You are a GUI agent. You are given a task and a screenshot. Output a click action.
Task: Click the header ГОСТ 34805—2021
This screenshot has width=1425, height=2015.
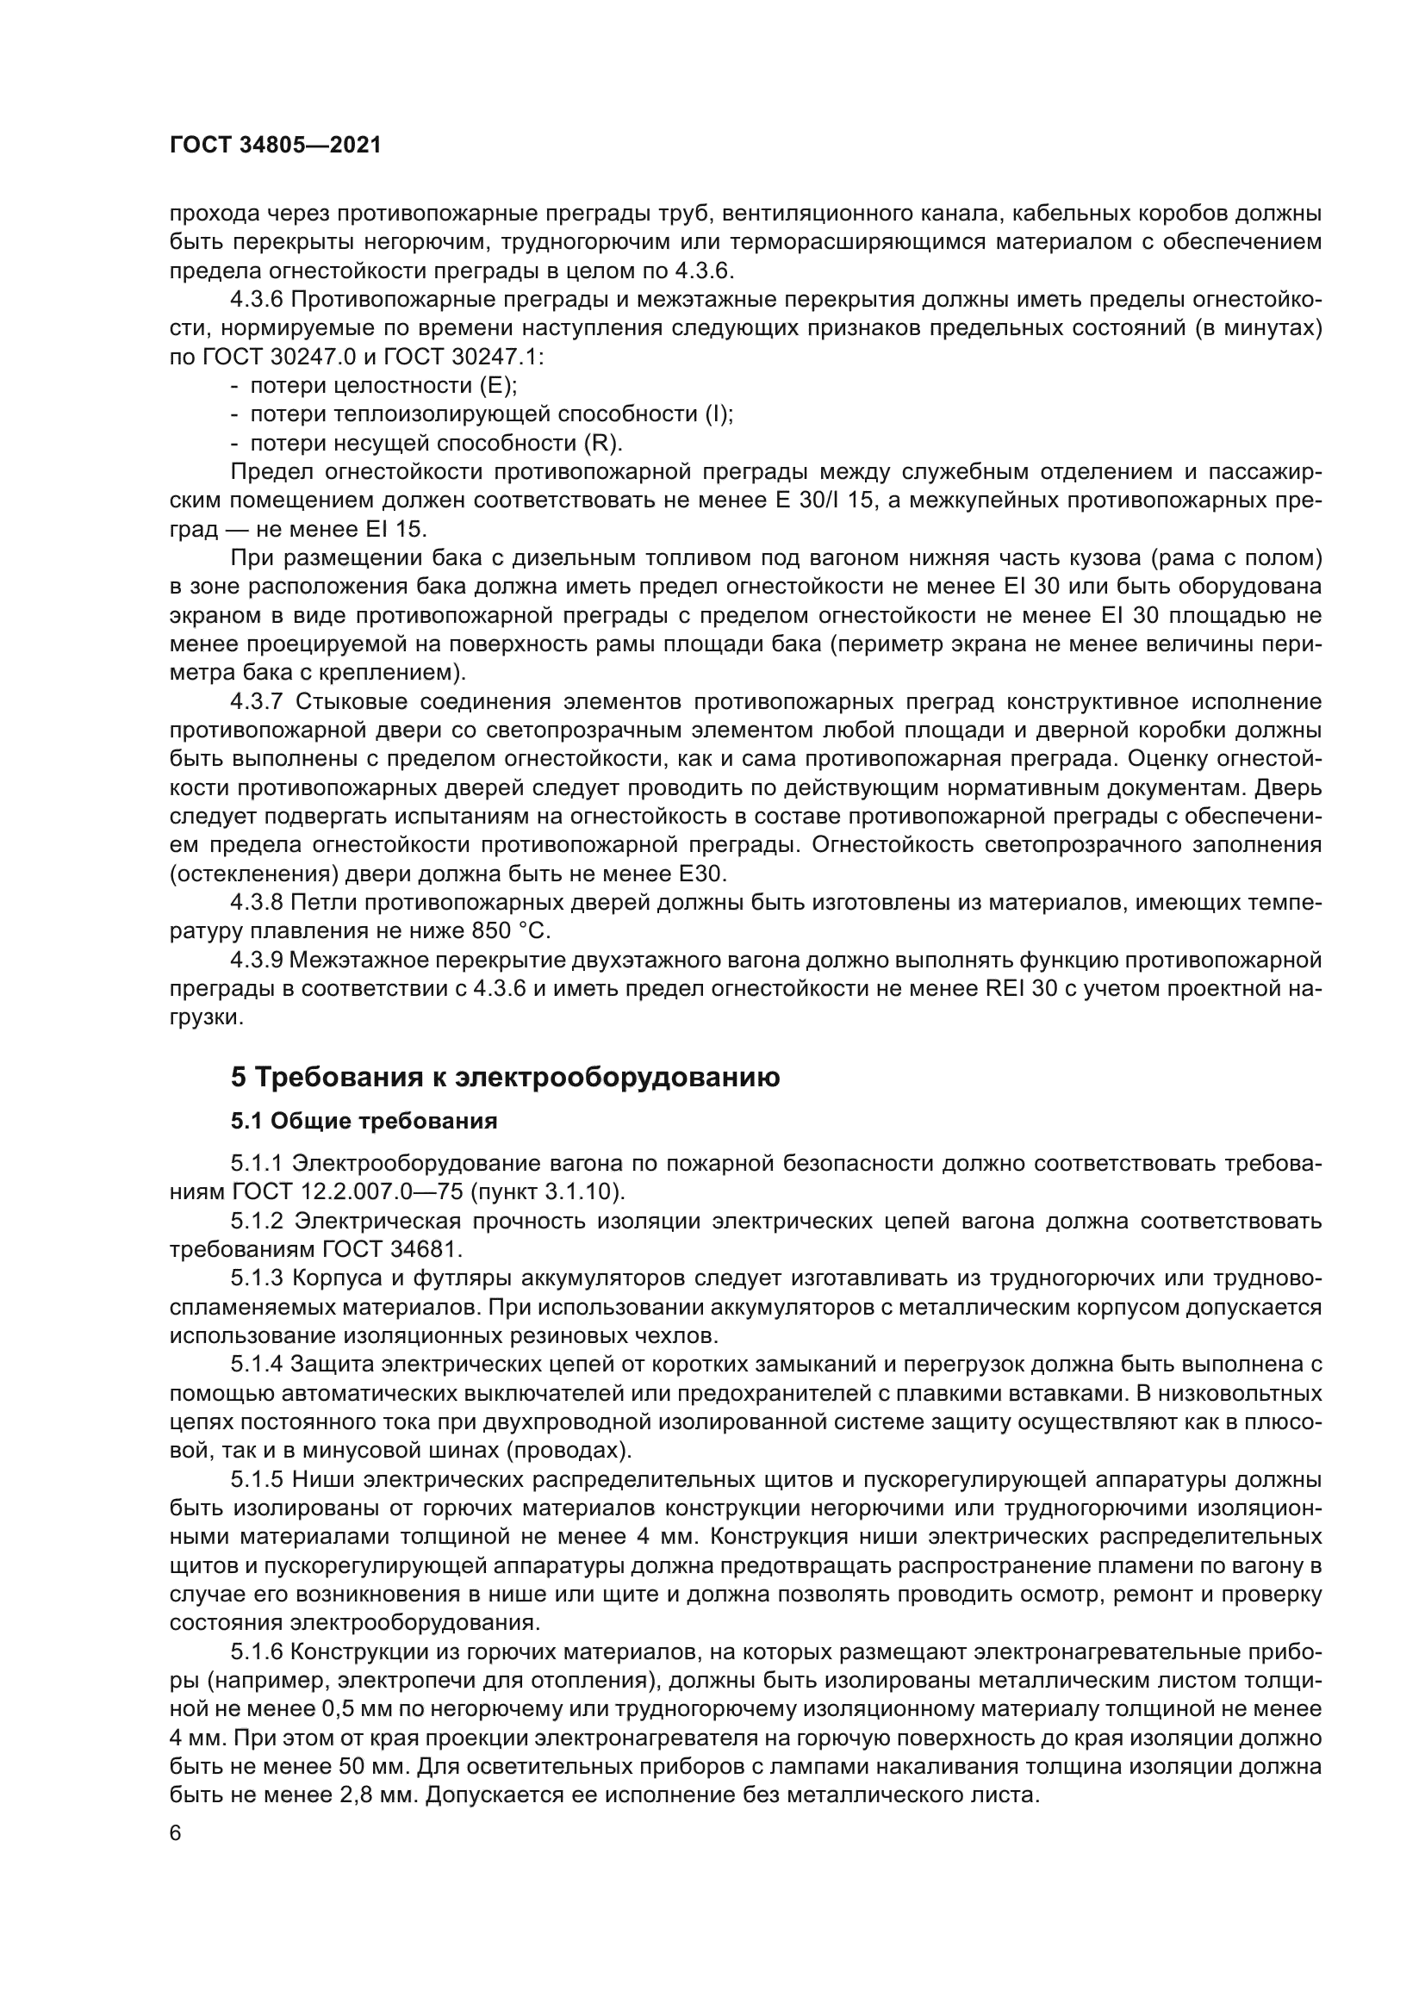tap(276, 146)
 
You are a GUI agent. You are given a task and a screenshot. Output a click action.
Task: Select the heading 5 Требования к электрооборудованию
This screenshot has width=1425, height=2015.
tap(505, 1077)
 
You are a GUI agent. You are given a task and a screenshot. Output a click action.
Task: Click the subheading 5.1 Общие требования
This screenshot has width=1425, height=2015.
tap(364, 1121)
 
